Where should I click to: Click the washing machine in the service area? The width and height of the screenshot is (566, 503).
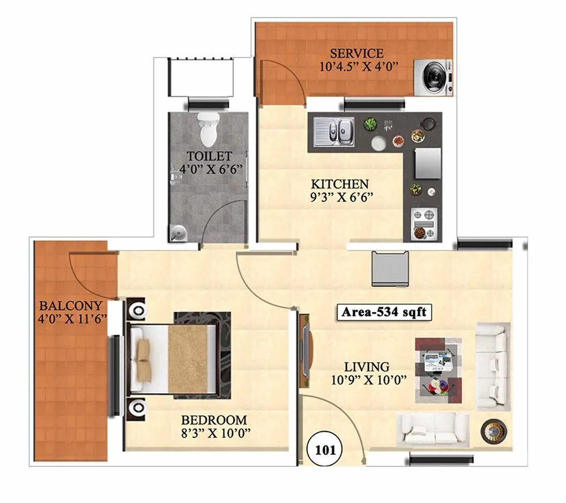coord(434,77)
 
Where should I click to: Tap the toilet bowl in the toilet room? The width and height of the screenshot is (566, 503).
coord(208,128)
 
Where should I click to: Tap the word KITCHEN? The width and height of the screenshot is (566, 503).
coord(340,184)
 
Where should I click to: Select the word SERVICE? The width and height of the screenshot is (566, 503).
coord(357,53)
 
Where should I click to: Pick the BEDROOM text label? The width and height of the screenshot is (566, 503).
coord(214,420)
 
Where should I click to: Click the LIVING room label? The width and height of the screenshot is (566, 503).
coord(368,367)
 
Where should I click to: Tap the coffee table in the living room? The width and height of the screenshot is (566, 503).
coord(438,370)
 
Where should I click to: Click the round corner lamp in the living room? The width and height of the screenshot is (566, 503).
coord(492,431)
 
